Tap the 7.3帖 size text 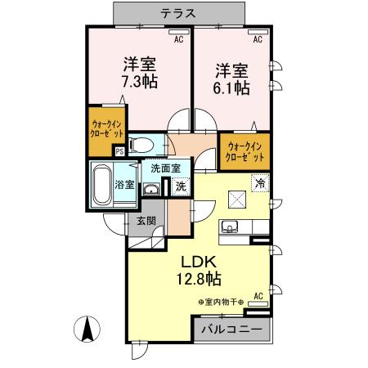140,82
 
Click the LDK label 196,263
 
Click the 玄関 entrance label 146,220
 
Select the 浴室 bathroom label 125,185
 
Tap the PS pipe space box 119,150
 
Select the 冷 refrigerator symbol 260,184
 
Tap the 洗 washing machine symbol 181,186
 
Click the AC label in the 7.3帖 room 179,38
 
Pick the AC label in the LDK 258,295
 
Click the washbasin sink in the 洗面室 151,190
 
